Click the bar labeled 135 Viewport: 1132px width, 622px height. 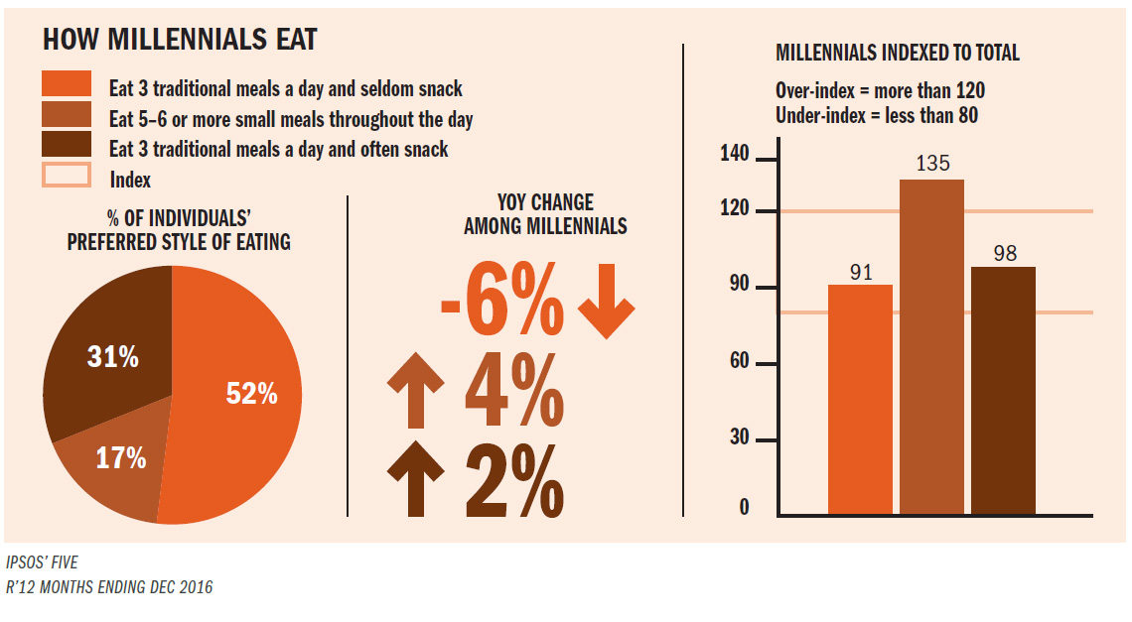932,347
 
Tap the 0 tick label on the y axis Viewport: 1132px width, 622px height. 744,509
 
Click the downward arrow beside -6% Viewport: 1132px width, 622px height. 606,309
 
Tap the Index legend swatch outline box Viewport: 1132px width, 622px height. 67,178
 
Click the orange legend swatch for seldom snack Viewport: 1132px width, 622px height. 67,86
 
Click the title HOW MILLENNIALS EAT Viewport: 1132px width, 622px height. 180,40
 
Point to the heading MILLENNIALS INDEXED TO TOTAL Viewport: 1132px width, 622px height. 897,53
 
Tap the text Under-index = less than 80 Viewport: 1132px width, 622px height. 877,115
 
